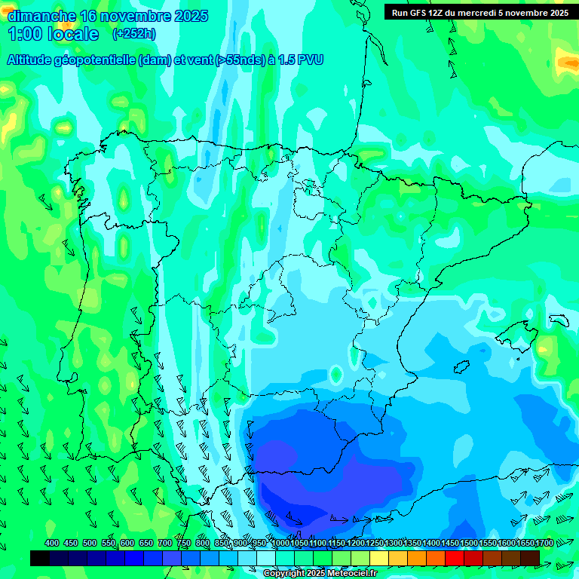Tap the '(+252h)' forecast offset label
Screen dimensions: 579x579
(x=133, y=34)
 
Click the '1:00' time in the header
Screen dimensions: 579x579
(x=23, y=34)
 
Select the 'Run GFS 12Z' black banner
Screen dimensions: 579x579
(x=479, y=12)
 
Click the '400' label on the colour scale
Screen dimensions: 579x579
(x=52, y=543)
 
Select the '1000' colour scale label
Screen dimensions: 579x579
(x=280, y=543)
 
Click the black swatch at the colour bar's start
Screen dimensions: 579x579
(x=40, y=558)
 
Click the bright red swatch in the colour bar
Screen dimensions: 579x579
(x=455, y=558)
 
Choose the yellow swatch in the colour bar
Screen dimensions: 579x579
(x=379, y=558)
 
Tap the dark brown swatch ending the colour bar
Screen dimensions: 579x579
(x=530, y=558)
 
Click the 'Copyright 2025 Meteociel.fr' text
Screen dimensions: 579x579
(x=320, y=574)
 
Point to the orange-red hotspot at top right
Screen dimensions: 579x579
(x=566, y=61)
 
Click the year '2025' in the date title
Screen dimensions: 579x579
(x=191, y=16)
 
